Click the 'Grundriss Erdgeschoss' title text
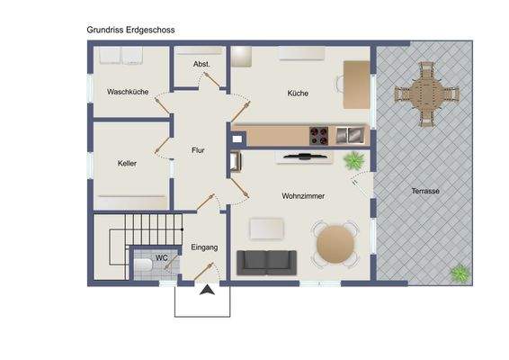pos(130,30)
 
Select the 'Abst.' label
pos(202,65)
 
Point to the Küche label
pos(298,94)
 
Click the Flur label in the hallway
pos(199,150)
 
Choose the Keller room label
pos(126,164)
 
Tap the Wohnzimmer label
pos(303,195)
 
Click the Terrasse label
pos(425,191)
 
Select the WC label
pos(162,258)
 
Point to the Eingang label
pos(204,247)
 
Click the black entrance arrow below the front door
pos(207,290)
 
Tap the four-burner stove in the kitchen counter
pos(319,136)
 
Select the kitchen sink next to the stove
pos(347,136)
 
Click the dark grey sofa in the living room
pos(264,262)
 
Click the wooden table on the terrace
pos(426,91)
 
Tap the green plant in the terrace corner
pos(460,272)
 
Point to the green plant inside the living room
pos(354,161)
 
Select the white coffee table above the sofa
pos(267,229)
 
